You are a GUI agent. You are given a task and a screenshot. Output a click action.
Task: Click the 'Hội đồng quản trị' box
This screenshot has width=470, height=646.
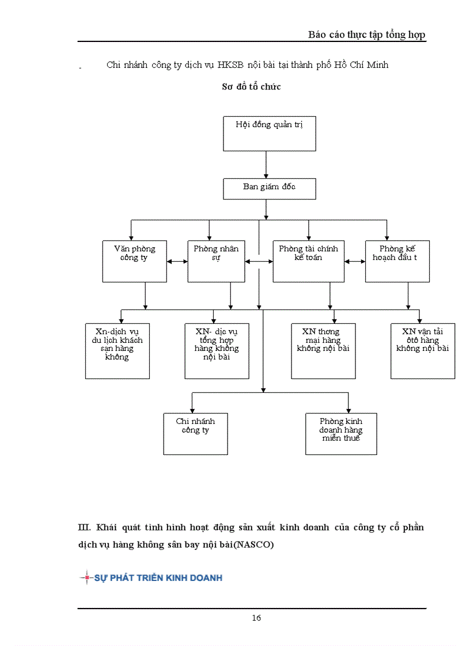[x=269, y=133]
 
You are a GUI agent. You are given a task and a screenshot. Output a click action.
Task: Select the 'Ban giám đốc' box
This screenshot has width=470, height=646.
[x=269, y=189]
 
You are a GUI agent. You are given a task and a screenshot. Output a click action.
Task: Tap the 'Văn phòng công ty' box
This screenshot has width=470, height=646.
[x=134, y=261]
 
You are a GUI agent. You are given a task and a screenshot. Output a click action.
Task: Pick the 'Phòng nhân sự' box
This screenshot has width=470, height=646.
[x=217, y=261]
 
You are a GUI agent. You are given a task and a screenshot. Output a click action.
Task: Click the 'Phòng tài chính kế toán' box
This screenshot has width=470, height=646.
[x=308, y=261]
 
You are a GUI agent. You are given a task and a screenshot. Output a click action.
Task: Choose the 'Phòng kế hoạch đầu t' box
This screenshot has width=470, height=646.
[x=397, y=261]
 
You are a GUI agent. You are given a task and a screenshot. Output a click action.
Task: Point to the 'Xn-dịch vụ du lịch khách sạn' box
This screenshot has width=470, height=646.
[x=117, y=351]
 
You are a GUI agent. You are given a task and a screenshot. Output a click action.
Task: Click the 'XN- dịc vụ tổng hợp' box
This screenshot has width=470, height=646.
[x=217, y=351]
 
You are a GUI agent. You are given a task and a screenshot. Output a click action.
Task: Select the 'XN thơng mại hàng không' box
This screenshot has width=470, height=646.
[x=323, y=351]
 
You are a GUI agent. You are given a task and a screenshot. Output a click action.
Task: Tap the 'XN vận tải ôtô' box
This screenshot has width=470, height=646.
[x=422, y=351]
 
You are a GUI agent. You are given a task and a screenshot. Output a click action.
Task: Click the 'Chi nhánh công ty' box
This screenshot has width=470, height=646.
[x=195, y=434]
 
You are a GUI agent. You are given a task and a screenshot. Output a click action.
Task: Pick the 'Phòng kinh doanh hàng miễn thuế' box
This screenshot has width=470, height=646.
[x=341, y=434]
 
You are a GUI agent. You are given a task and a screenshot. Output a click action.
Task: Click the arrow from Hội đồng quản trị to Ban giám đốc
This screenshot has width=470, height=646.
[x=266, y=165]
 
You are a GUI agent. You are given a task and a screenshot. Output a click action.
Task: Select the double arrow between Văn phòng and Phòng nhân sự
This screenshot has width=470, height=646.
[x=177, y=261]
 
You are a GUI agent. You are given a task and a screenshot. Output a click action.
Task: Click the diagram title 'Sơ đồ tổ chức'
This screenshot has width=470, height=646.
[x=251, y=87]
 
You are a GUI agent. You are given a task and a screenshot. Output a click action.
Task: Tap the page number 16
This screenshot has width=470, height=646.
[x=256, y=618]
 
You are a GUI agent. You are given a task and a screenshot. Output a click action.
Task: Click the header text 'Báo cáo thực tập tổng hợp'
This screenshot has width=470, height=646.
[x=366, y=35]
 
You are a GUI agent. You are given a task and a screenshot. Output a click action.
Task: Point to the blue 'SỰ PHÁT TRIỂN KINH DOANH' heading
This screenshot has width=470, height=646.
[x=158, y=578]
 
